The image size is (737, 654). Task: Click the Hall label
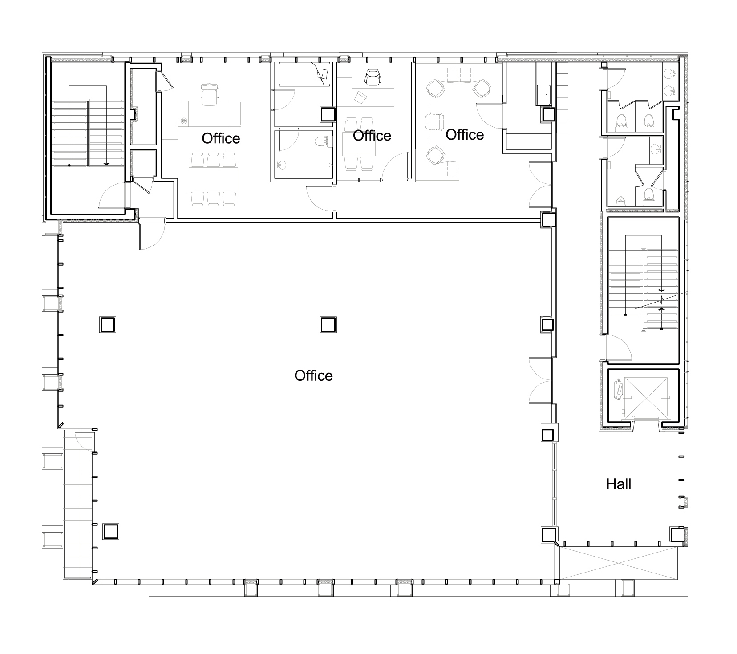pyautogui.click(x=619, y=484)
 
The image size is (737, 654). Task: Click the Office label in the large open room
pyautogui.click(x=313, y=375)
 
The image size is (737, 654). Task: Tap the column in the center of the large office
pyautogui.click(x=328, y=324)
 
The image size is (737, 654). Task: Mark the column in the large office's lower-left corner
pyautogui.click(x=111, y=531)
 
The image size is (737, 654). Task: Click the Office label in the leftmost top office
pyautogui.click(x=221, y=138)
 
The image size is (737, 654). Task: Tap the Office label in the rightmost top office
pyautogui.click(x=465, y=134)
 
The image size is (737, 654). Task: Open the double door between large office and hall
pyautogui.click(x=540, y=380)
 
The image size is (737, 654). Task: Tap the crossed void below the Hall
pyautogui.click(x=619, y=563)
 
